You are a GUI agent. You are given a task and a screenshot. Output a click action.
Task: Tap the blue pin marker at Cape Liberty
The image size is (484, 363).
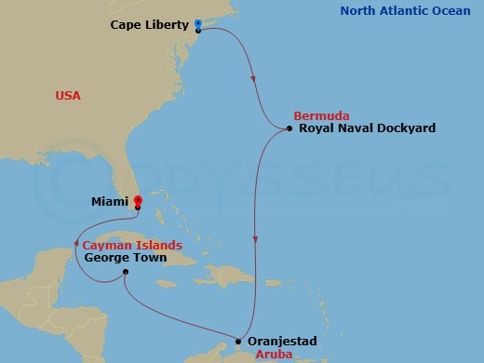[198, 23]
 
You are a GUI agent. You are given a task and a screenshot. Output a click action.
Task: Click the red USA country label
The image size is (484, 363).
[68, 96]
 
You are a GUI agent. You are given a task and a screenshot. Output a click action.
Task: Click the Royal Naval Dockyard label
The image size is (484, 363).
[367, 128]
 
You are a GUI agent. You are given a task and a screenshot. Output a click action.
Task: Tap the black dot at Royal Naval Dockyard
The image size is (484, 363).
[289, 128]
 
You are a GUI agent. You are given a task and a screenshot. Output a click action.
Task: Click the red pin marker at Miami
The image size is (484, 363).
[138, 199]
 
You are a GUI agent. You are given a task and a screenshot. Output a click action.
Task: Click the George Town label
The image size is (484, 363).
[125, 258]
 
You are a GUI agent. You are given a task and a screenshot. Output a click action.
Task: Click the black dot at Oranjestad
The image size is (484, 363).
[239, 342]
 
